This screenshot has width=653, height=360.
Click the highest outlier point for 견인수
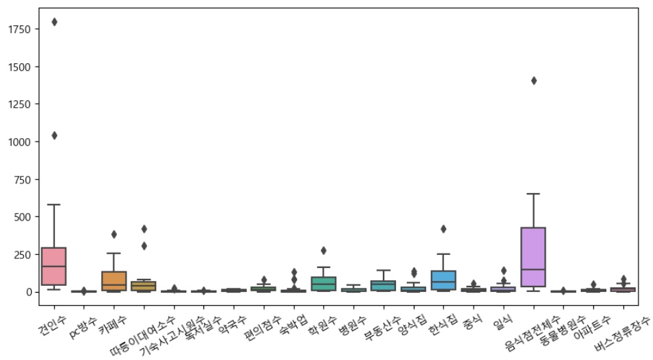pos(54,22)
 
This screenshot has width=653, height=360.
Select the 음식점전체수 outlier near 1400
pos(533,80)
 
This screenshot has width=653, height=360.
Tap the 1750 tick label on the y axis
pos(19,30)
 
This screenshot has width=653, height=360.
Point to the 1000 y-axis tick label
pos(19,142)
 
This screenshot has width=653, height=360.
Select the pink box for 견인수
pos(54,266)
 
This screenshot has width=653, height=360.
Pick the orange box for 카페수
pos(114,280)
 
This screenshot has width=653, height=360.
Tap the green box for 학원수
pos(324,283)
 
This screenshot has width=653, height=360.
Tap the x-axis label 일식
pos(500,317)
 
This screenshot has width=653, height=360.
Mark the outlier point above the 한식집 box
pos(443,229)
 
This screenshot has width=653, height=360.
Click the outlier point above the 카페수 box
pos(114,234)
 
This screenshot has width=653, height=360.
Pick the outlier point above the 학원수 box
pos(324,251)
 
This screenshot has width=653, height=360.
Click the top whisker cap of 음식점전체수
pos(533,194)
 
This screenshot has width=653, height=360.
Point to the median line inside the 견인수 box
pos(54,267)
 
